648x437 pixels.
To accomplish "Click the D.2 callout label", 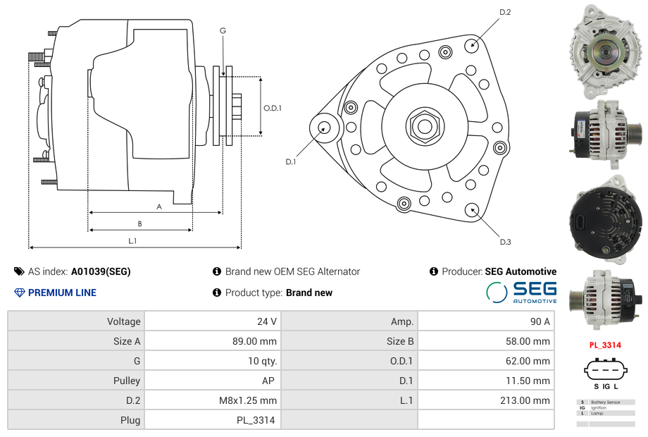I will pos(505,13).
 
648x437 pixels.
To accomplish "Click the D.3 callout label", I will pos(505,242).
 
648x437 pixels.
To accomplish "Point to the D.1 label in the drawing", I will pos(290,162).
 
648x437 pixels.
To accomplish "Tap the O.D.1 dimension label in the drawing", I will pos(273,109).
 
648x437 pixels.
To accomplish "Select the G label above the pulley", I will pos(223,30).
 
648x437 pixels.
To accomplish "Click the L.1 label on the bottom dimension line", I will pos(132,241).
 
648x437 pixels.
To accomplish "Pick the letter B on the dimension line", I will pos(139,224).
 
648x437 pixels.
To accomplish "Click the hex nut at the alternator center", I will pos(425,127).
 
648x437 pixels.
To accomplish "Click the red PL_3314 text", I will pos(605,345).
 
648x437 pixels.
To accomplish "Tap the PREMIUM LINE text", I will pos(62,293).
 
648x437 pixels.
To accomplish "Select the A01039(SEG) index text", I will pos(101,271).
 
